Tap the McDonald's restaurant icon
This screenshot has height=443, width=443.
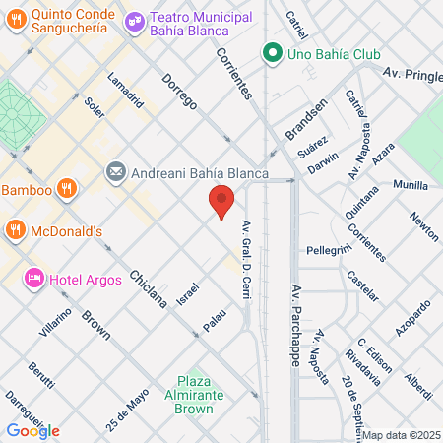(16, 231)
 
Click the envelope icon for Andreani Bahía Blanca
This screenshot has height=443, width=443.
(116, 173)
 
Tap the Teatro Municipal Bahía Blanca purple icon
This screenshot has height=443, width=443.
(136, 18)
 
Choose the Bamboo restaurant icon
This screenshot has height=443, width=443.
(67, 188)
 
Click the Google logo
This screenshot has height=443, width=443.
(32, 430)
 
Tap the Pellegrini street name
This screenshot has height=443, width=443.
(329, 250)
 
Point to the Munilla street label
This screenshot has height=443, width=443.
(411, 184)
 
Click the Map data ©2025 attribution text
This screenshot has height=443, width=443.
(398, 435)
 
